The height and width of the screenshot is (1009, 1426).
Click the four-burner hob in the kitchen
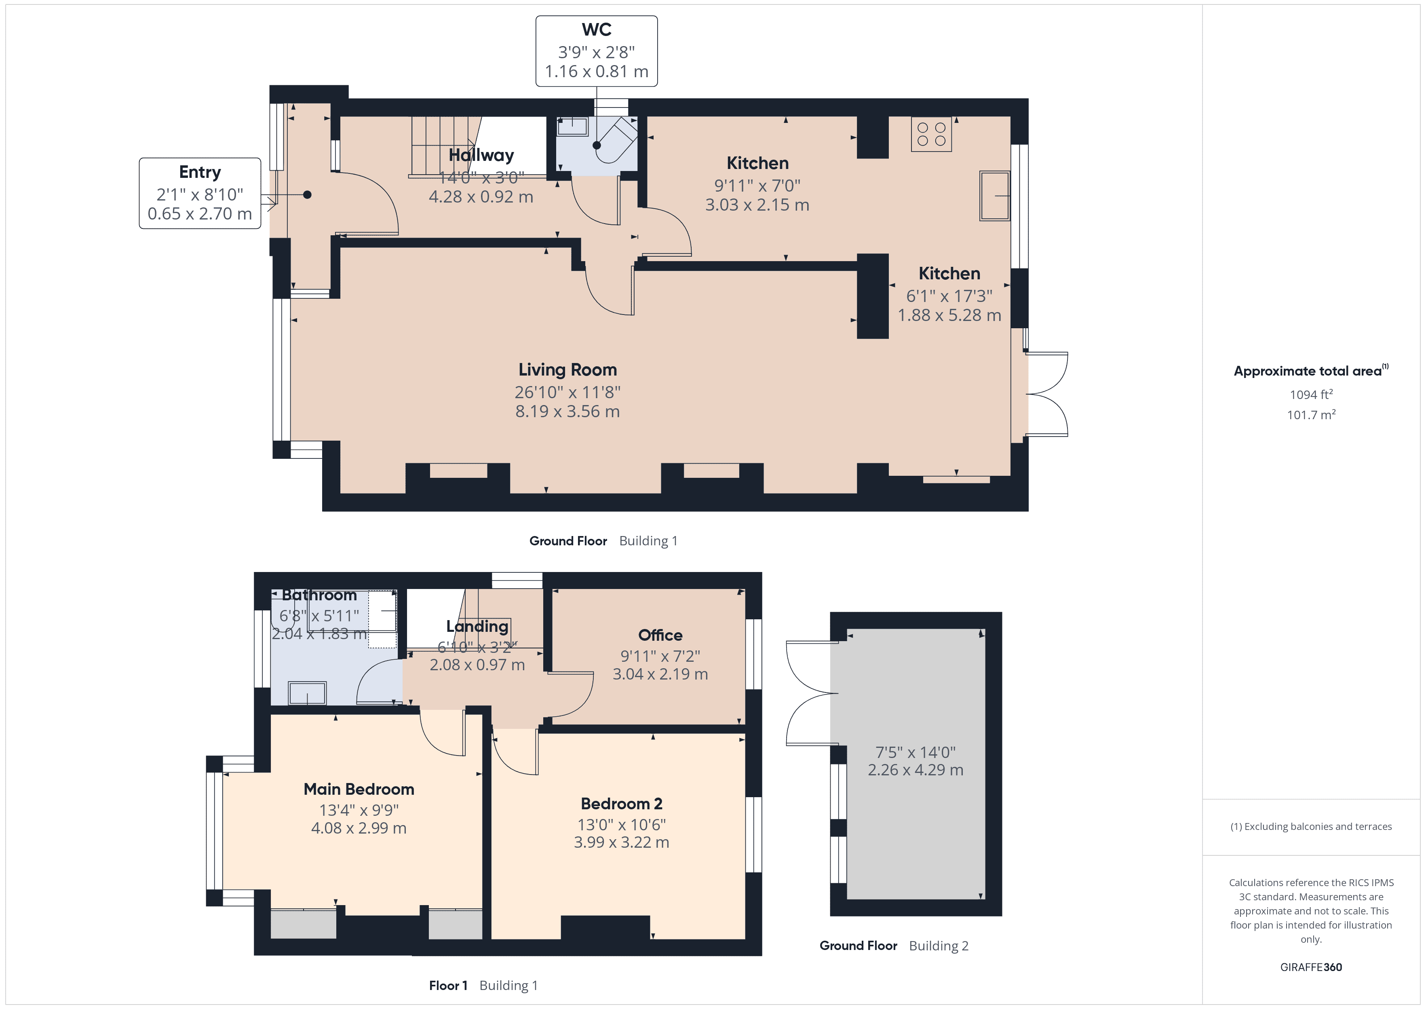pos(931,134)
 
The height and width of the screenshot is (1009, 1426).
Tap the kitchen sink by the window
pos(994,196)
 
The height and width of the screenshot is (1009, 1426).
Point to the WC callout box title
pos(596,30)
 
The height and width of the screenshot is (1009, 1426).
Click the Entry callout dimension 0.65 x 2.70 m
pos(199,214)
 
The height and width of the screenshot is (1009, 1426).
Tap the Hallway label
pos(481,155)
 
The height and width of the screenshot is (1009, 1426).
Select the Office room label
pos(660,635)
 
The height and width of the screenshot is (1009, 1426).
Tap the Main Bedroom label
pos(359,789)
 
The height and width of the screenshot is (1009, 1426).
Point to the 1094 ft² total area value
pos(1310,395)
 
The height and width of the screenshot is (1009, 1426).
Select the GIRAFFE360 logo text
pos(1310,967)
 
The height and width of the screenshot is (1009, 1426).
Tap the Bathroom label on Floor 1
pos(319,595)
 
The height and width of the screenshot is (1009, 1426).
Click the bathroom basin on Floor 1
pos(307,693)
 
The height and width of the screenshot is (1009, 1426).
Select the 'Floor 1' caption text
pos(448,986)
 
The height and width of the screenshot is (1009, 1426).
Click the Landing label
pos(477,626)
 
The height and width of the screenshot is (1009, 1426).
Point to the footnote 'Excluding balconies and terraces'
pos(1310,826)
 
